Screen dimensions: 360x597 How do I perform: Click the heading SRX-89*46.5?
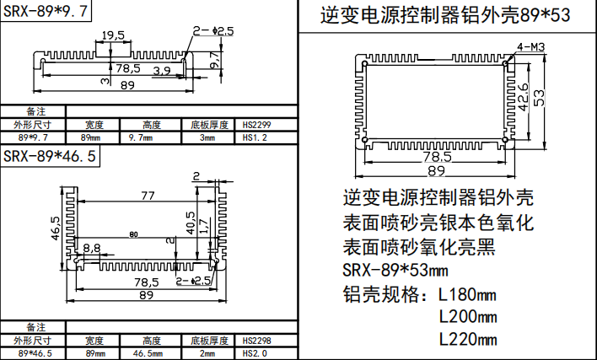point(49,156)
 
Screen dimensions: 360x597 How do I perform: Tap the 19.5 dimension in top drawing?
point(113,35)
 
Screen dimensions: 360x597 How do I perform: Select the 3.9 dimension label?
point(163,69)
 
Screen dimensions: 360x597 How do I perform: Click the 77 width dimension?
point(148,196)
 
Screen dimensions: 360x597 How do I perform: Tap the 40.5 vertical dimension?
point(191,223)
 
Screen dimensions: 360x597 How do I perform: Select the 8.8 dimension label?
point(92,249)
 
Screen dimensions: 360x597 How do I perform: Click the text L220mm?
point(468,339)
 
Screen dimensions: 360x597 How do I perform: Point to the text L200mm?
point(468,317)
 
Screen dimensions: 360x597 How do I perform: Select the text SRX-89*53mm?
point(396,271)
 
